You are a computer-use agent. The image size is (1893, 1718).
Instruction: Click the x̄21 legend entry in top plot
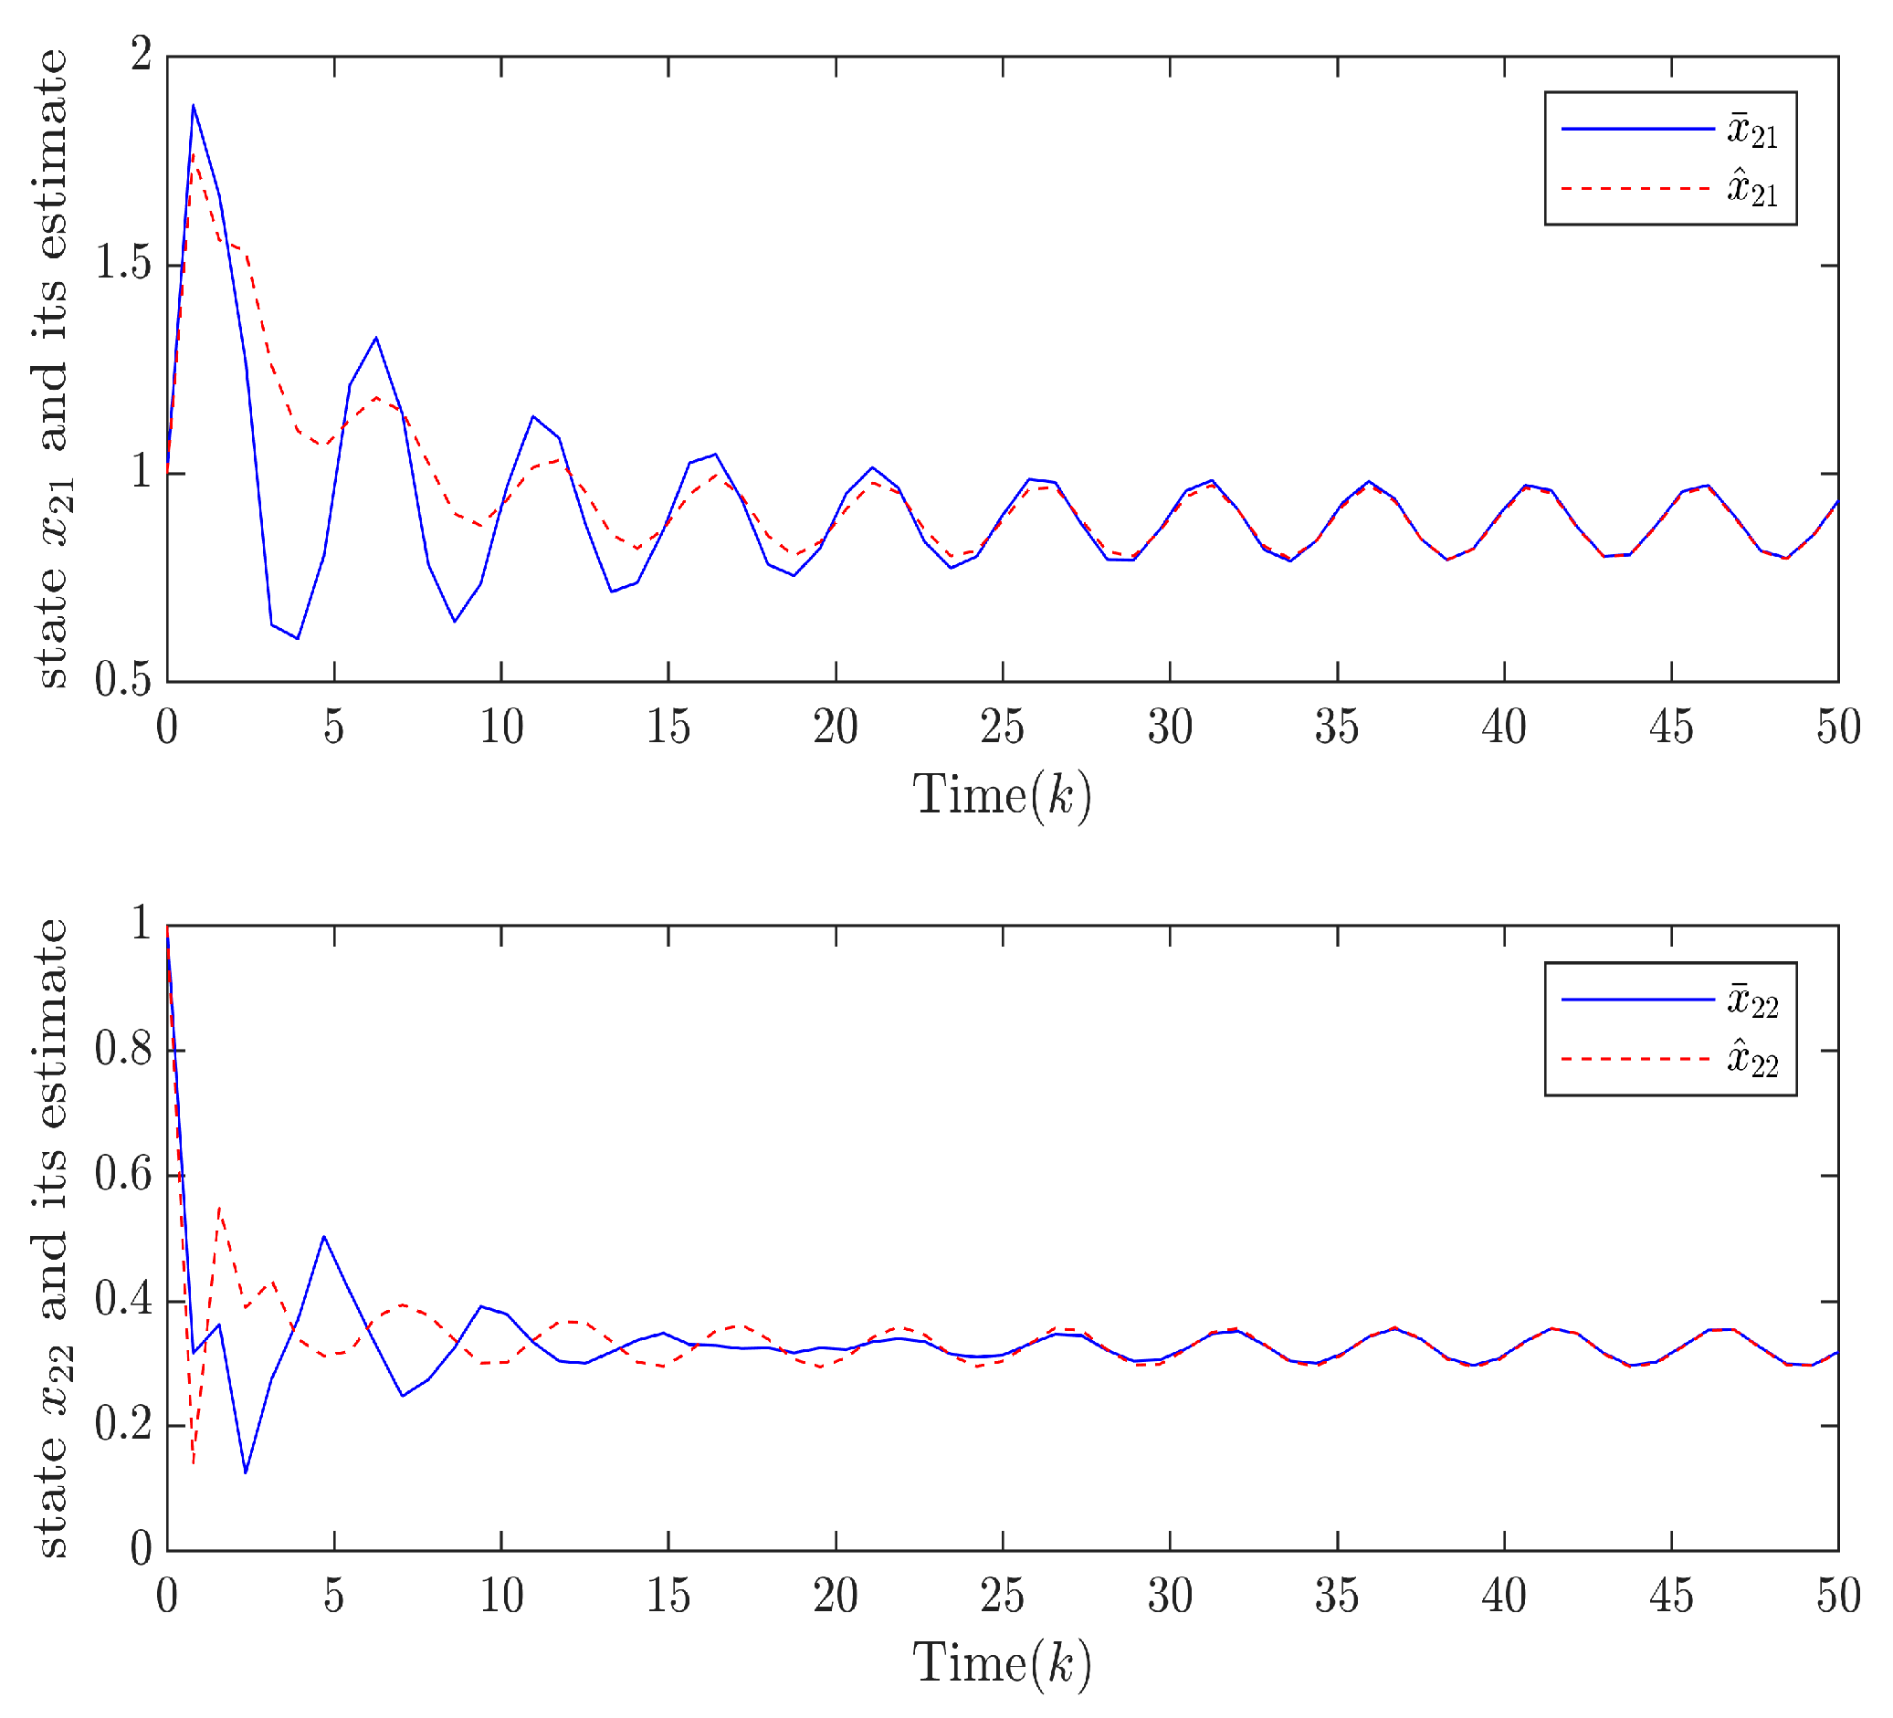coord(1669,130)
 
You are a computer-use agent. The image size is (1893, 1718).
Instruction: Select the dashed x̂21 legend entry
coord(1669,190)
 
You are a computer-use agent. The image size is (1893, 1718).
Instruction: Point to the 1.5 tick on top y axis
coord(125,266)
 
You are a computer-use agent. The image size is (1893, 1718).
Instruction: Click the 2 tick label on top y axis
coord(141,57)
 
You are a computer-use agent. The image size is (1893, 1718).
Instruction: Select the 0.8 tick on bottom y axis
coord(125,1052)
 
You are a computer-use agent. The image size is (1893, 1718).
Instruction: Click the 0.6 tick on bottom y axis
coord(125,1177)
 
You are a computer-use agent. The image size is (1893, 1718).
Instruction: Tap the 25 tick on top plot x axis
coord(1002,728)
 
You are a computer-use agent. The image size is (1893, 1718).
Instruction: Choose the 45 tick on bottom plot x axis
coord(1670,1597)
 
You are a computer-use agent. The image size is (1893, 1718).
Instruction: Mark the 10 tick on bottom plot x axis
coord(501,1597)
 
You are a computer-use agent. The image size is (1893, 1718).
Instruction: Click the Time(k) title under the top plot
coord(1002,796)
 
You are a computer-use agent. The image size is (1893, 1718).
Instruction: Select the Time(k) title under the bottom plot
coord(1002,1664)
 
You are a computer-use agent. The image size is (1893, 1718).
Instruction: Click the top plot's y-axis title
coord(53,368)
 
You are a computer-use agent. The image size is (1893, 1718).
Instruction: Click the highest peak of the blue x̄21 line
coord(194,105)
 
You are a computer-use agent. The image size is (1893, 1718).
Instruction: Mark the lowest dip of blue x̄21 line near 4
coord(298,638)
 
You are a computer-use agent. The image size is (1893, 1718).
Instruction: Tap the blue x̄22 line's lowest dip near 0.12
coord(245,1473)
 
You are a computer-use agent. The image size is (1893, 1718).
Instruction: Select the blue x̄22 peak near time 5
coord(324,1236)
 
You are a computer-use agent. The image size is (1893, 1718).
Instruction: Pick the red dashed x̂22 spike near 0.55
coord(219,1209)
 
